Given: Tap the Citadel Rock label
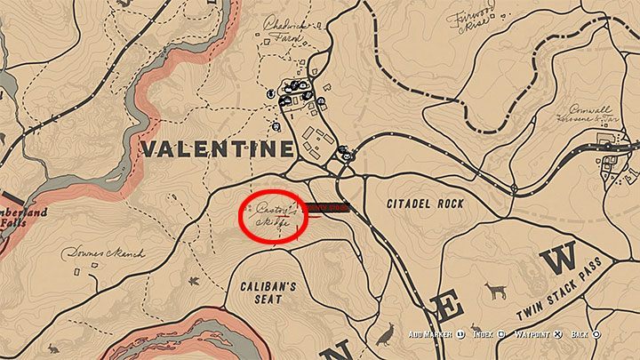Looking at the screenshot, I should (x=425, y=204).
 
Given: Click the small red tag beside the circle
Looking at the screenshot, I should (x=325, y=208).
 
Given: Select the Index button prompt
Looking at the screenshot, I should (x=487, y=334).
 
